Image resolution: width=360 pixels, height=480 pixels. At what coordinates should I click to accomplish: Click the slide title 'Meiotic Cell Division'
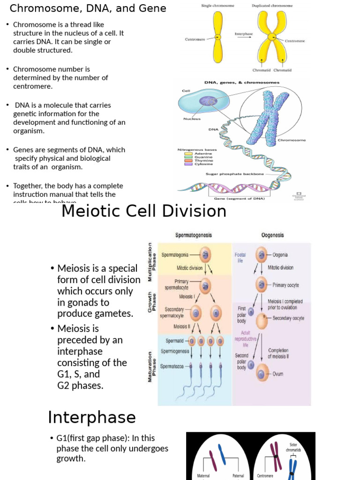[x=144, y=211]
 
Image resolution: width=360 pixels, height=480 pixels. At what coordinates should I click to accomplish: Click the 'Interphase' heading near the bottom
[x=92, y=417]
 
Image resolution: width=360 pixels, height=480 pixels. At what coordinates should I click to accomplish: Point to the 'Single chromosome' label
[x=217, y=6]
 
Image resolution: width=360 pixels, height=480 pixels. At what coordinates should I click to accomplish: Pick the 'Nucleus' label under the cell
[x=192, y=119]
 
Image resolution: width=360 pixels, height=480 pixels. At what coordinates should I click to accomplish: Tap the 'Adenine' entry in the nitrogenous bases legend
[x=202, y=153]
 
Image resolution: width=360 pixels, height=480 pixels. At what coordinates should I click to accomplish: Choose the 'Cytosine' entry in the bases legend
[x=203, y=164]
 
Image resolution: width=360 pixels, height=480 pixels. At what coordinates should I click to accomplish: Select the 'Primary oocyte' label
[x=285, y=285]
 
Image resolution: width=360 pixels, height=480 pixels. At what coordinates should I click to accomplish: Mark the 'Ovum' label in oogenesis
[x=278, y=374]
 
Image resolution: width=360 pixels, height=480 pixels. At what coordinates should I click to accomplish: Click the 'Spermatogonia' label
[x=175, y=255]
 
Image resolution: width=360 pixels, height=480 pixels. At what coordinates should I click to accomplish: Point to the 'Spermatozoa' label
[x=174, y=366]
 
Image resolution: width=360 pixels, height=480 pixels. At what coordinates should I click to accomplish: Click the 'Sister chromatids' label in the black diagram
[x=293, y=447]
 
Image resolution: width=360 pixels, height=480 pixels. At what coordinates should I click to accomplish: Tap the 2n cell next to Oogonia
[x=262, y=255]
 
